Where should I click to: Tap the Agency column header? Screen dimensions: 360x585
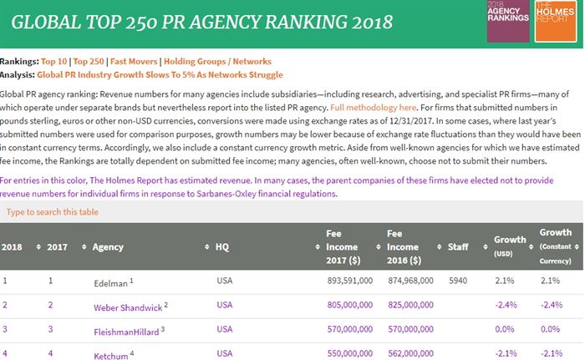point(108,247)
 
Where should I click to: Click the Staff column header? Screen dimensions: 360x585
point(458,247)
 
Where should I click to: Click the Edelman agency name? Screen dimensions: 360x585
point(111,282)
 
